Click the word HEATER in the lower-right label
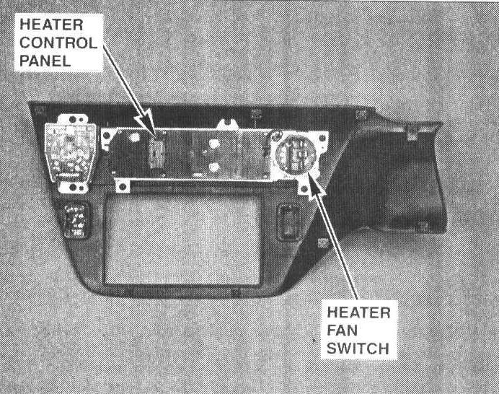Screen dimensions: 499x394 tap(358, 313)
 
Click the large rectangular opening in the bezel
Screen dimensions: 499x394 tap(181, 238)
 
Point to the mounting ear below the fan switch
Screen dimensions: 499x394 tap(309, 188)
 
